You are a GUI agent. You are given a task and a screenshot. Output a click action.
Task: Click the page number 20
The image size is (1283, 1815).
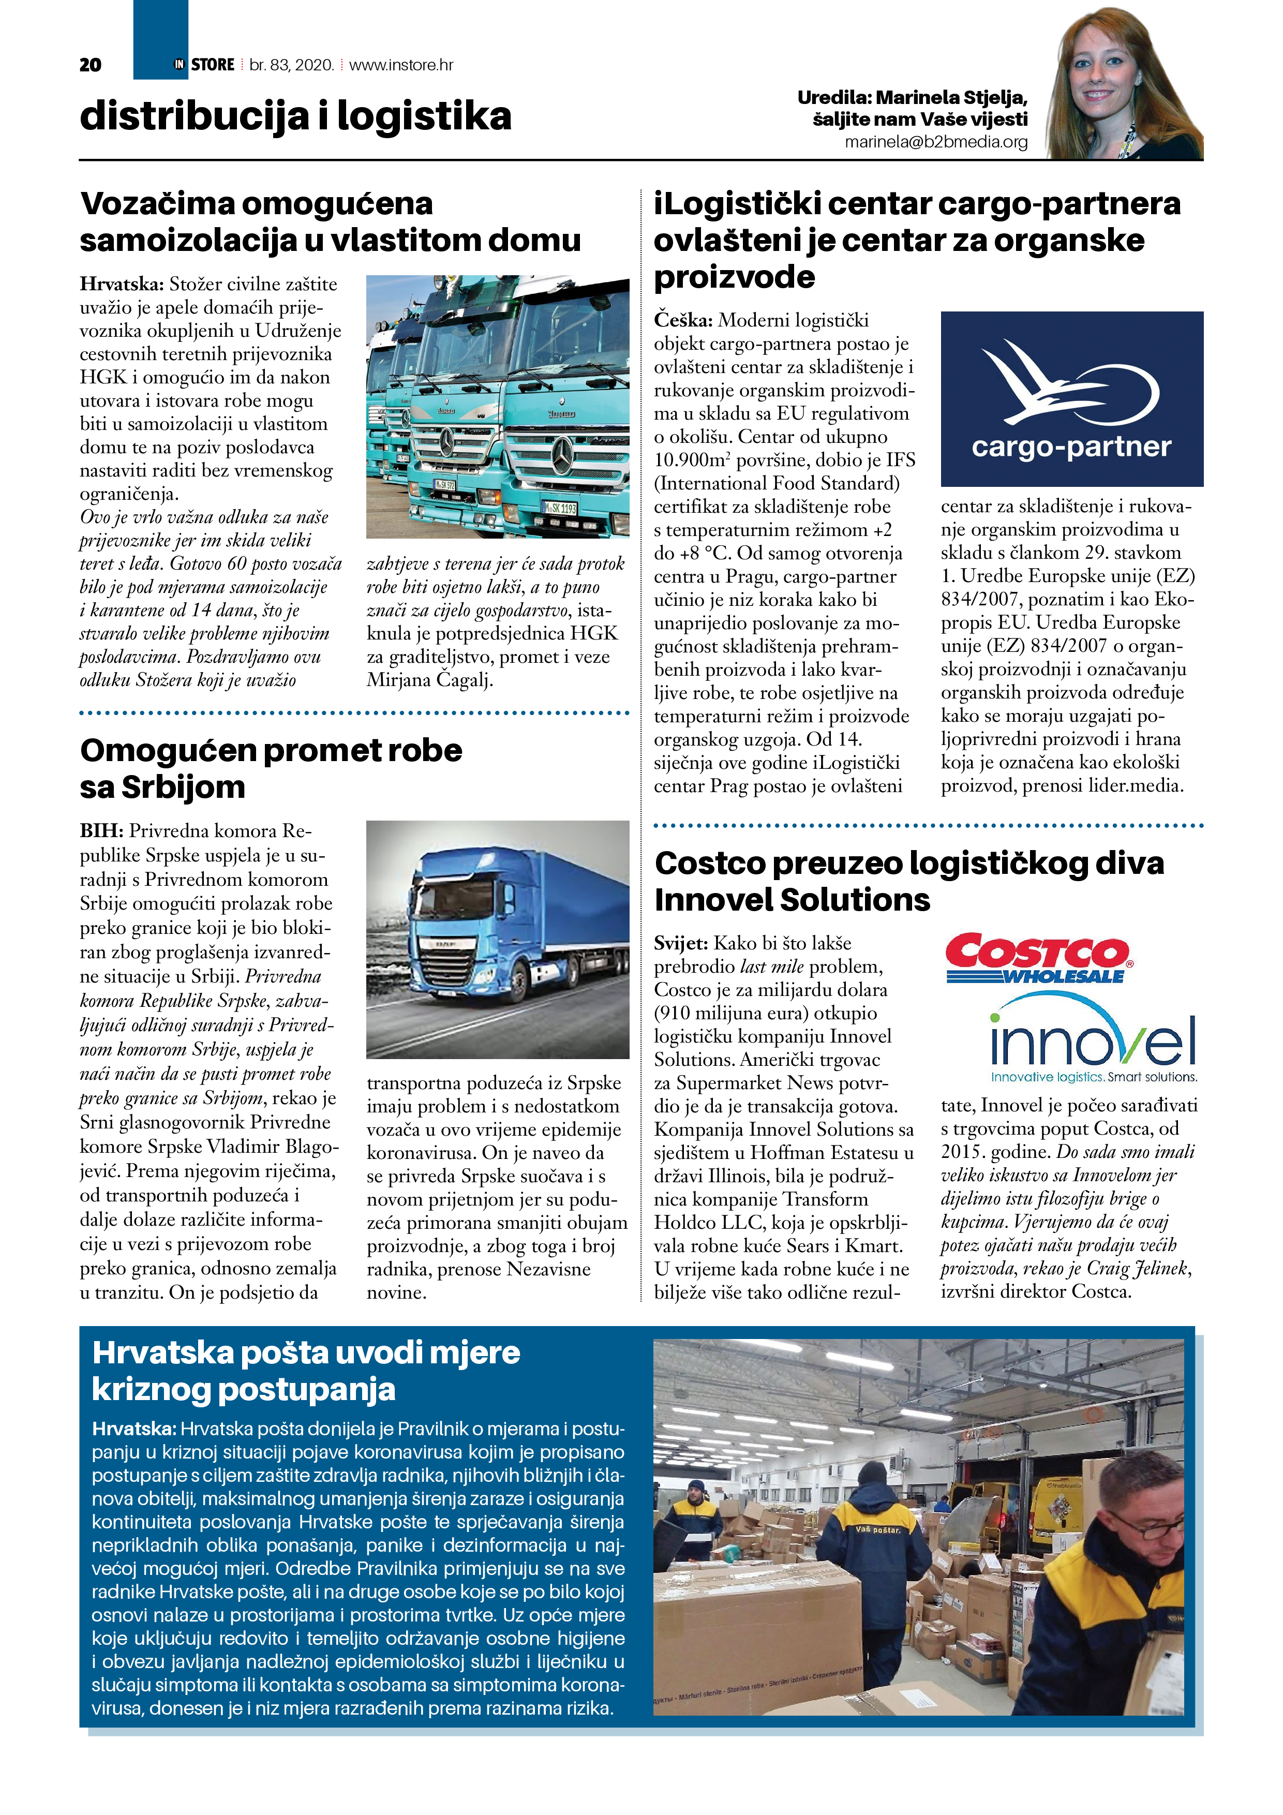90,65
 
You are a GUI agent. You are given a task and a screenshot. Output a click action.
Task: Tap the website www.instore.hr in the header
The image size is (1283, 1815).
401,65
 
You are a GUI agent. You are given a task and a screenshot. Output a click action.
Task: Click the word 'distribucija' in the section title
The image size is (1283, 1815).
193,116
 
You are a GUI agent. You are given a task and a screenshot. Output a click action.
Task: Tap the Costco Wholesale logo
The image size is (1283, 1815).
1038,958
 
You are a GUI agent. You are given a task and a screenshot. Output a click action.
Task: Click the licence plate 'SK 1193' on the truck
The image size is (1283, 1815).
560,508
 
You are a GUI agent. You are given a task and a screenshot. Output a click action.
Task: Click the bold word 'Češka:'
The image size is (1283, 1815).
683,321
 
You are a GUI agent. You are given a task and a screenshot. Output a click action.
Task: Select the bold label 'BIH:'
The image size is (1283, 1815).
101,831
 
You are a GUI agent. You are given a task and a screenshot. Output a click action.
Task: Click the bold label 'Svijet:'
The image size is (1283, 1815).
681,943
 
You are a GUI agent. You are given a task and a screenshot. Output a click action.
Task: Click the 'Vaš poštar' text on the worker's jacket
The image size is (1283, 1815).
877,1529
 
